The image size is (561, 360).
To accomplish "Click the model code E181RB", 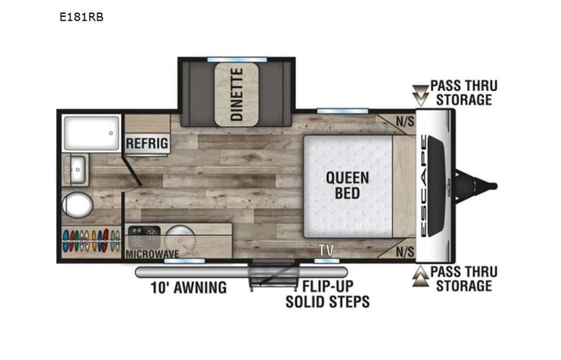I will [x=81, y=15].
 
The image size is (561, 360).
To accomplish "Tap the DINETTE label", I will [x=237, y=95].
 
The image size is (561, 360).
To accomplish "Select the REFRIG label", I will [x=147, y=144].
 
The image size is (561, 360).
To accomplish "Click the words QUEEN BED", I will [x=347, y=185].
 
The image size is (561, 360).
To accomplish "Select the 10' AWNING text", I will [x=188, y=289].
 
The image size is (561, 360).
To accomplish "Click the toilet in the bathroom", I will [x=77, y=205].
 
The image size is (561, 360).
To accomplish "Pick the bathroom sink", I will [x=78, y=170].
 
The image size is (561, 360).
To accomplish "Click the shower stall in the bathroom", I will [x=91, y=133].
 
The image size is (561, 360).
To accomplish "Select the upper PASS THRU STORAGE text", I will [x=463, y=92].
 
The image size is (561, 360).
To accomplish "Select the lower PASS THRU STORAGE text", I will [x=463, y=279].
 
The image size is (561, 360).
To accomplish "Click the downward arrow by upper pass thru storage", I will [x=419, y=93].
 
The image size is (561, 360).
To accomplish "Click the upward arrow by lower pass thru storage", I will [x=419, y=276].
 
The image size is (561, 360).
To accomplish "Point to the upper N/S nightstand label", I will [x=404, y=121].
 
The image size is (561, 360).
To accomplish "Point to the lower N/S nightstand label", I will [x=404, y=251].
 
